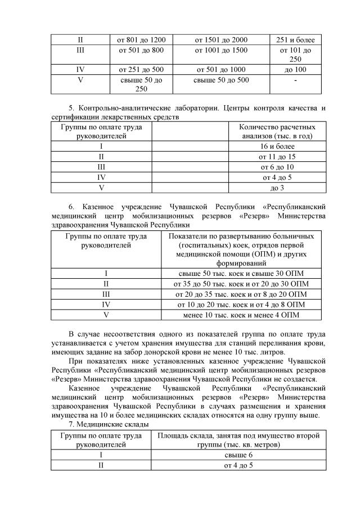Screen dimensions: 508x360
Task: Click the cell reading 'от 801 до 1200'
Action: (x=141, y=40)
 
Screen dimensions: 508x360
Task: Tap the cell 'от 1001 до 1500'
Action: (x=221, y=50)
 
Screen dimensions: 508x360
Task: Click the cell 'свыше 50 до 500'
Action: (x=221, y=80)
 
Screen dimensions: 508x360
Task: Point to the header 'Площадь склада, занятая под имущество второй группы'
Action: (x=239, y=440)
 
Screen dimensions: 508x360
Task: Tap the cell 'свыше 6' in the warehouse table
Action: (x=239, y=455)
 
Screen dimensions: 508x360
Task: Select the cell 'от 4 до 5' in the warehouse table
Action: (x=239, y=465)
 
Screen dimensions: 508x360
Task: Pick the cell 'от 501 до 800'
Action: (x=141, y=50)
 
